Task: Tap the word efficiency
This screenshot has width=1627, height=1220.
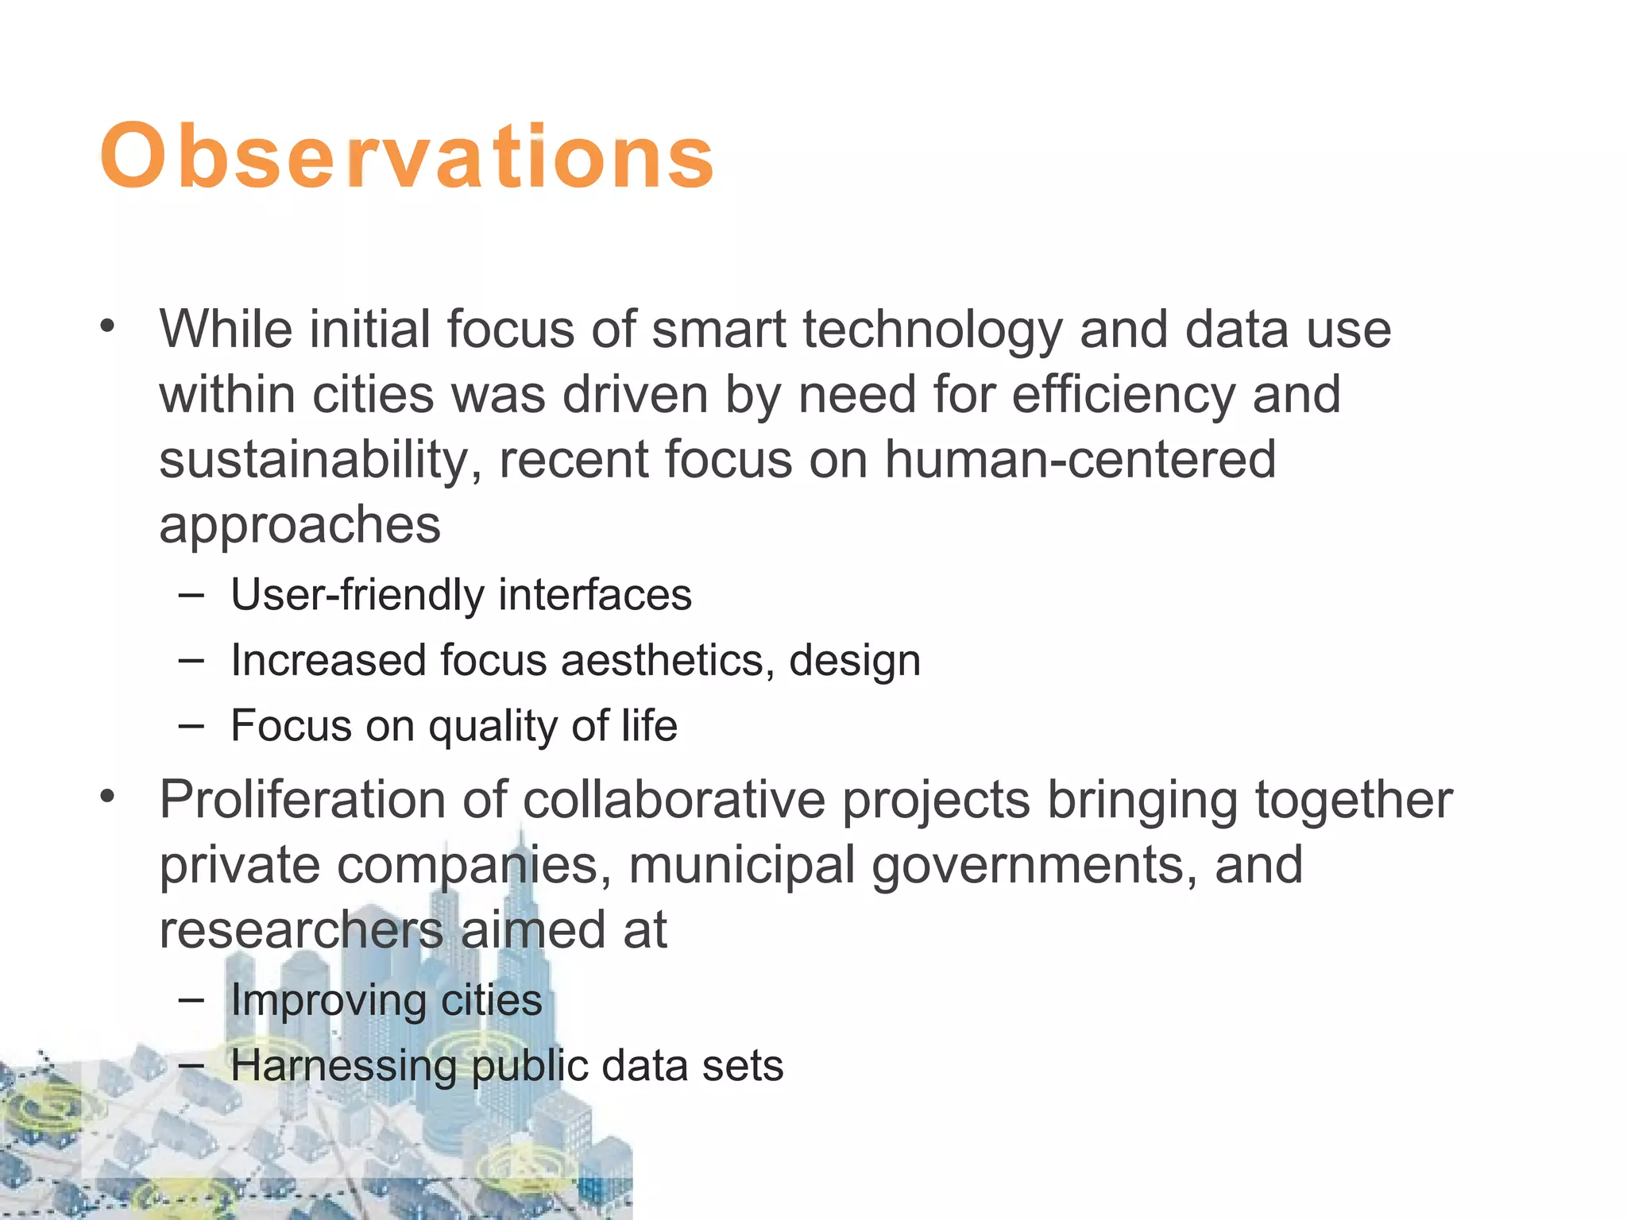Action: click(x=1123, y=395)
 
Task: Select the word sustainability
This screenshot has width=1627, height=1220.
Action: click(x=319, y=460)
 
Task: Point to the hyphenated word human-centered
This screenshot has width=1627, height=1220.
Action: click(x=1080, y=460)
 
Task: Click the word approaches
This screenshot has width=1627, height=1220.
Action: click(x=300, y=525)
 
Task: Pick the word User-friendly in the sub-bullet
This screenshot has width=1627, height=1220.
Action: click(x=356, y=595)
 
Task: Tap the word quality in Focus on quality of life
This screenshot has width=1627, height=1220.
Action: click(x=493, y=726)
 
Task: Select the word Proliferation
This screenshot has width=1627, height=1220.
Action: click(x=302, y=800)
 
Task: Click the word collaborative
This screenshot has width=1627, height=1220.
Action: click(x=674, y=800)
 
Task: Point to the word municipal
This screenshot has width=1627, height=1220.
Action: click(x=741, y=865)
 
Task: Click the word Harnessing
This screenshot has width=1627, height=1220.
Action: click(x=343, y=1066)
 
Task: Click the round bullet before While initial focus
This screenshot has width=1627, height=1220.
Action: click(x=108, y=326)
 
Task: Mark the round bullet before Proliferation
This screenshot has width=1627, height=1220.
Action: click(x=108, y=796)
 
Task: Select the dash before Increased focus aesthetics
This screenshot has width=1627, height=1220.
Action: click(x=191, y=659)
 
